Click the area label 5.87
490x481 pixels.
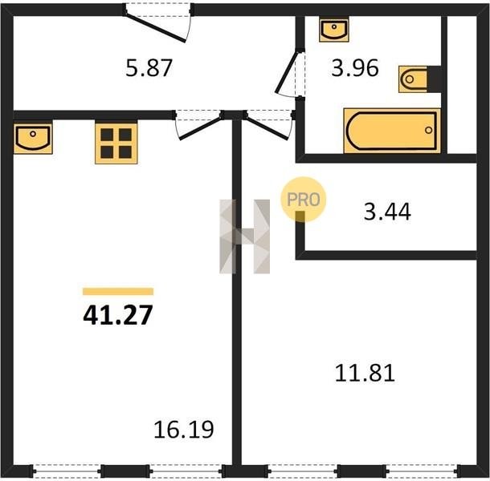(x=149, y=68)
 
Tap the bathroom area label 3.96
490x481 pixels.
(x=355, y=68)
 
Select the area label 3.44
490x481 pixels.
(x=387, y=212)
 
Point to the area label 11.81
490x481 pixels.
(x=365, y=373)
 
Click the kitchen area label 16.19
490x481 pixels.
(x=184, y=430)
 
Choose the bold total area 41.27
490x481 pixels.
(x=118, y=315)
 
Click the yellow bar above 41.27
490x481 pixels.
(x=118, y=291)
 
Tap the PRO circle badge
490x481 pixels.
(x=303, y=199)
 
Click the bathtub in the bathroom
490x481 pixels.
(x=392, y=131)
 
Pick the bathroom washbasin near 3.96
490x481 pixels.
(x=333, y=30)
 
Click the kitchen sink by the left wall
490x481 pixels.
(x=33, y=138)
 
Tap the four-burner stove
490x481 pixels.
(x=116, y=143)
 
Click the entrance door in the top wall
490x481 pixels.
(x=157, y=23)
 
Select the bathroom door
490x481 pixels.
(x=290, y=74)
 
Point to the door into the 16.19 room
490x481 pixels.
(x=198, y=125)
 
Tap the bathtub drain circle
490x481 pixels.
(x=429, y=130)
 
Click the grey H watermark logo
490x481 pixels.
(x=244, y=236)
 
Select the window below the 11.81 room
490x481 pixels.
(x=361, y=471)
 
